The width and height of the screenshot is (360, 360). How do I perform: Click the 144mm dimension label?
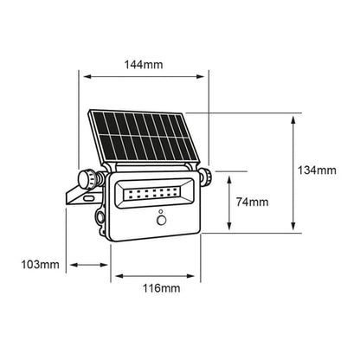pyautogui.click(x=144, y=65)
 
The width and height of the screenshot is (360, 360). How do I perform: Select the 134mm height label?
pyautogui.click(x=317, y=170)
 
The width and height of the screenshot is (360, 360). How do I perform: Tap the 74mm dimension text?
pyautogui.click(x=252, y=202)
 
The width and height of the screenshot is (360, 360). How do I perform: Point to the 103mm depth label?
pyautogui.click(x=40, y=264)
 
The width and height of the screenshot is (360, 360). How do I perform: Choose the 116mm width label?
pyautogui.click(x=161, y=288)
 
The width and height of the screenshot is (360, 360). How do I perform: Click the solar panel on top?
pyautogui.click(x=144, y=136)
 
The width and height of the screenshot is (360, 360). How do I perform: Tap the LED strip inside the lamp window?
pyautogui.click(x=151, y=194)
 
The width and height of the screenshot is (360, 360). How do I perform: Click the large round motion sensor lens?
pyautogui.click(x=162, y=221)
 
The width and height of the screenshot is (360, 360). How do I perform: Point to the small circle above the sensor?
pyautogui.click(x=161, y=211)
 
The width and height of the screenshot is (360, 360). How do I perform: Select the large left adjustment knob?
pyautogui.click(x=85, y=179)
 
